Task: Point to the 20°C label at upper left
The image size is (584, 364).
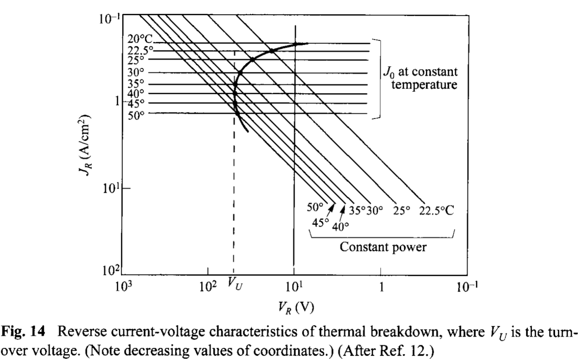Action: click(x=140, y=39)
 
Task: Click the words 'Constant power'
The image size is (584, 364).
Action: click(x=383, y=247)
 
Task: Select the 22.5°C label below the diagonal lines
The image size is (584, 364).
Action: click(x=436, y=211)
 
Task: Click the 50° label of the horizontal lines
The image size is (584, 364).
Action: click(x=136, y=116)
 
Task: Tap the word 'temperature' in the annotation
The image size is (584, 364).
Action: click(x=424, y=85)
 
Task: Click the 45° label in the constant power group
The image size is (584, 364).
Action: click(x=320, y=223)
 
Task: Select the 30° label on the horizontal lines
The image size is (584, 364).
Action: click(x=136, y=72)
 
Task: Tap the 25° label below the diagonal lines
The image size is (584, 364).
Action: click(x=402, y=211)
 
